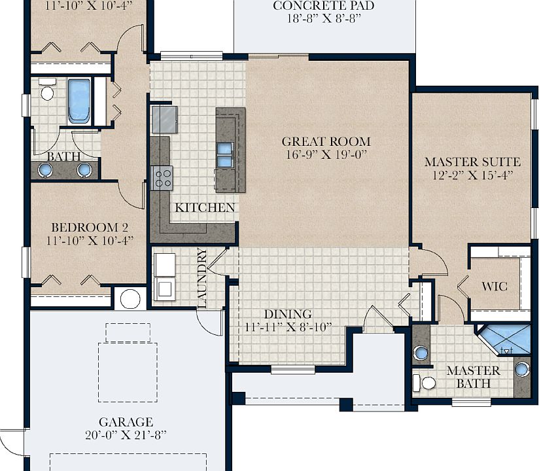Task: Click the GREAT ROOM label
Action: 326,142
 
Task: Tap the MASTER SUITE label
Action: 472,162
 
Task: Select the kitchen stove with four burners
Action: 162,178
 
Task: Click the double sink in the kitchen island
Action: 225,154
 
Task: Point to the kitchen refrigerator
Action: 165,119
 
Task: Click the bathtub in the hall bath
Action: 79,101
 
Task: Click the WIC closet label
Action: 495,287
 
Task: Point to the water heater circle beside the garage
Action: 130,299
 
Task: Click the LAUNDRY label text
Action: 202,278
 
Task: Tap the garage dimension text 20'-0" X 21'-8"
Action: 126,435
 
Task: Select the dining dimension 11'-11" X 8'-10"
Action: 288,326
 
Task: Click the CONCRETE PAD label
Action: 324,5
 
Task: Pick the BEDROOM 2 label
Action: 90,227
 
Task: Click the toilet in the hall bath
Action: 47,89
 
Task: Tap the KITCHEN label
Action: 205,207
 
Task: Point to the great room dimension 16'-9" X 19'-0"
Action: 327,154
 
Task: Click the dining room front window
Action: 293,370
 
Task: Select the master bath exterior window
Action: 471,402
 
